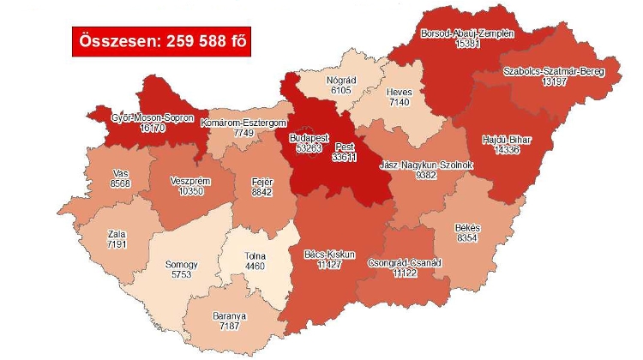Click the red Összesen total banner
pyautogui.click(x=160, y=41)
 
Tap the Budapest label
pyautogui.click(x=309, y=137)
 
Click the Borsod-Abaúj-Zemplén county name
pyautogui.click(x=467, y=33)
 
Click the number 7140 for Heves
pyautogui.click(x=377, y=101)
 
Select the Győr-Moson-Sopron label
pyautogui.click(x=152, y=117)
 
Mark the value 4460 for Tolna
pyautogui.click(x=256, y=267)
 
